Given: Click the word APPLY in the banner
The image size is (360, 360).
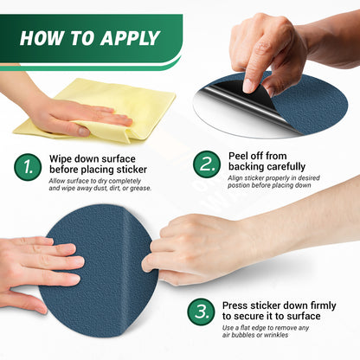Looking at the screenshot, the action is click(x=130, y=38).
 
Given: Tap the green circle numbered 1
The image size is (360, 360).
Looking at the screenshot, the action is click(x=28, y=167).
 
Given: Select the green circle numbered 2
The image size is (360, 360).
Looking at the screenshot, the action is click(x=207, y=164).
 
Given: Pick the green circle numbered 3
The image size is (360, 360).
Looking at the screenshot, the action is click(x=201, y=312).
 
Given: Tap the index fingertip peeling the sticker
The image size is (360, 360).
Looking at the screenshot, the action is click(x=248, y=86).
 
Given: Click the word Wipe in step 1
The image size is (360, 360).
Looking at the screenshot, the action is click(x=60, y=159).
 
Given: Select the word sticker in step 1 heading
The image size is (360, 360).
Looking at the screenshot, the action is click(x=132, y=170).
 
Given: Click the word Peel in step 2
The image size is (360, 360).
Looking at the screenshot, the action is click(x=238, y=156).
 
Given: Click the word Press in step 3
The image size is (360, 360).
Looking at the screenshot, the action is click(x=235, y=305).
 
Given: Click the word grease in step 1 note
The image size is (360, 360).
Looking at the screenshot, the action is click(x=140, y=189).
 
